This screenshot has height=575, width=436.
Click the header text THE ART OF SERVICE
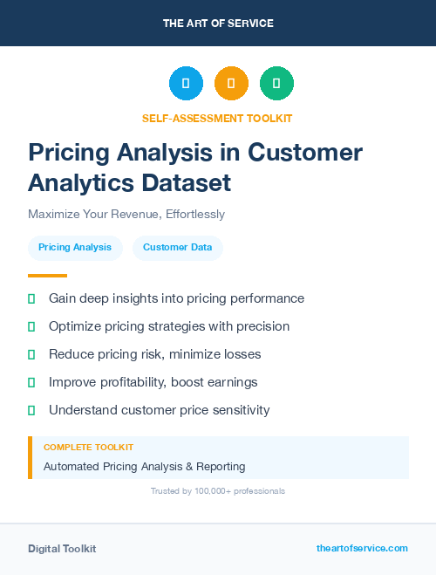[218, 24]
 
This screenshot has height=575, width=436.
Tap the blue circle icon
[186, 84]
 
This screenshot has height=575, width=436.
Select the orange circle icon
[231, 84]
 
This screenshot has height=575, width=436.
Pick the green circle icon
[276, 84]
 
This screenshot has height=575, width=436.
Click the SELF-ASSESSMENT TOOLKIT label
[217, 118]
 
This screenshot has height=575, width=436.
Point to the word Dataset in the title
[191, 182]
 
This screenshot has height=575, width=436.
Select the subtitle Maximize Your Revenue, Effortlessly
[126, 214]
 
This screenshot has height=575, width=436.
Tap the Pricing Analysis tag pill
[75, 247]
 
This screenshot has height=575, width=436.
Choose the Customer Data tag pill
[178, 247]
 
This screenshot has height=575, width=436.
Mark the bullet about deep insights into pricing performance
[176, 298]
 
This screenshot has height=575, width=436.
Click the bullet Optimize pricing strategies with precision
[169, 326]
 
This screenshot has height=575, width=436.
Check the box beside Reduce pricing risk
[31, 354]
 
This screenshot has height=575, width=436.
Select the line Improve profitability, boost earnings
[153, 382]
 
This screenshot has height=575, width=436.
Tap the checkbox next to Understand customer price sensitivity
[31, 410]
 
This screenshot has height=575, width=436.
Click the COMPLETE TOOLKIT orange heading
[88, 447]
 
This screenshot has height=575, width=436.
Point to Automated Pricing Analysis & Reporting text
[145, 467]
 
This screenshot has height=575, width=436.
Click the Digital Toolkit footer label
[62, 549]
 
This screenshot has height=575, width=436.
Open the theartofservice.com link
[362, 548]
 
